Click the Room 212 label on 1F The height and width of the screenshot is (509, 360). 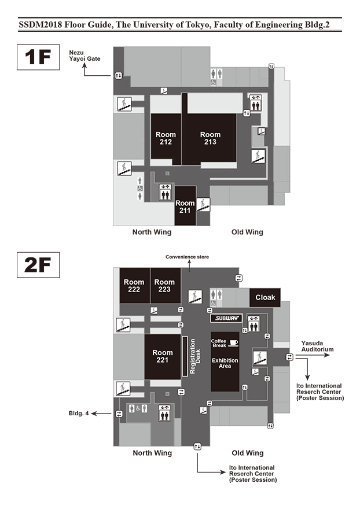[166, 138]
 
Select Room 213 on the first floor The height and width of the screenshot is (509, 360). [210, 138]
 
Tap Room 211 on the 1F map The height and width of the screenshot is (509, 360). [185, 206]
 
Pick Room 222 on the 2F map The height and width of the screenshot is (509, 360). [134, 286]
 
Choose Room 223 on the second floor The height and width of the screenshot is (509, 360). [164, 286]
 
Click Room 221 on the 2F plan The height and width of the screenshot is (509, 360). [163, 356]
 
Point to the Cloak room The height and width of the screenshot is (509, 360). [265, 297]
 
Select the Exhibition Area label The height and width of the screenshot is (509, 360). [225, 364]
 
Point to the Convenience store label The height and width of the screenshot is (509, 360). [187, 257]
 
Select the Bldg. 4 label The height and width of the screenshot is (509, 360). [79, 414]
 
